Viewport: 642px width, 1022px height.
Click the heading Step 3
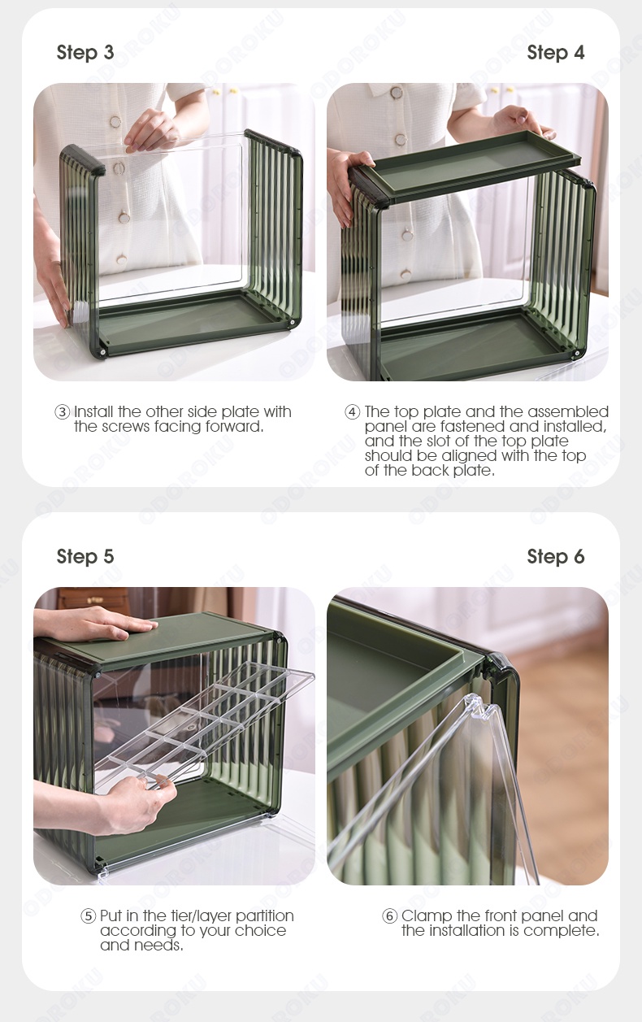click(x=85, y=53)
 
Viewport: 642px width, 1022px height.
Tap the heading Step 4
click(x=555, y=53)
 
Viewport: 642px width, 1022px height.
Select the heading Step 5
click(x=85, y=557)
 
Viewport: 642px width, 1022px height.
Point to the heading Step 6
click(x=555, y=557)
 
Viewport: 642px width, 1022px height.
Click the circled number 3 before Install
click(x=63, y=412)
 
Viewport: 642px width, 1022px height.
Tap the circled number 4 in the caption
click(x=352, y=412)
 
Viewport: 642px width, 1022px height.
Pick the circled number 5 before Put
click(x=89, y=916)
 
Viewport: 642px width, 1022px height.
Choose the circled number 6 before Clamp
click(x=390, y=916)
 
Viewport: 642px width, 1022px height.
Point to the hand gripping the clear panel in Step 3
click(x=152, y=130)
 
